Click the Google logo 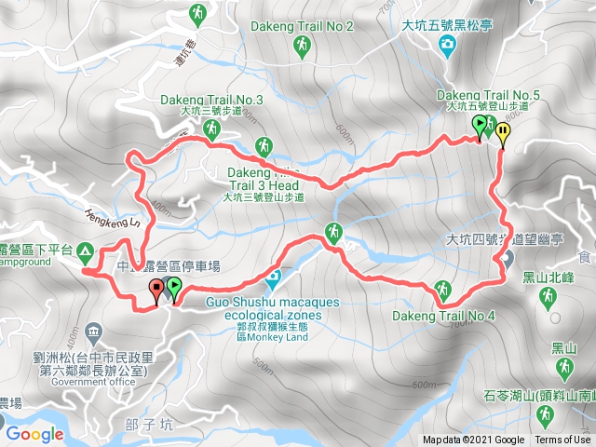click(34, 434)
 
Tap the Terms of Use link click(562, 440)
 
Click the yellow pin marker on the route click(503, 133)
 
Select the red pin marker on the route click(156, 291)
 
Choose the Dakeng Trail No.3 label click(212, 100)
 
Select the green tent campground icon click(86, 250)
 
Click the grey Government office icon click(93, 332)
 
